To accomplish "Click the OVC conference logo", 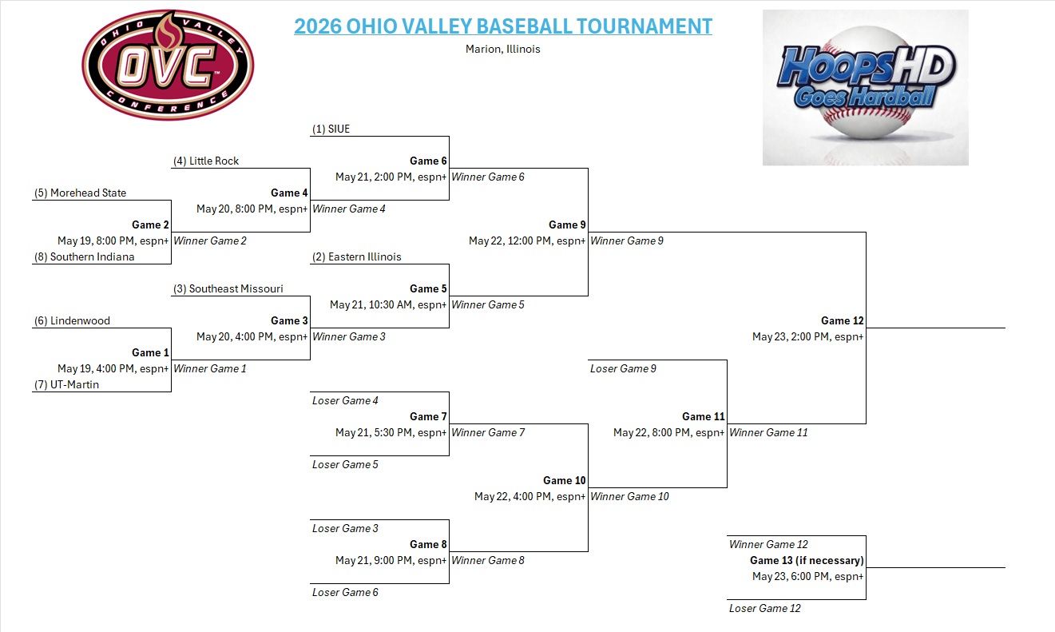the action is coord(168,65).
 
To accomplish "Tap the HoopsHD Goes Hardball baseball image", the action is coord(865,88).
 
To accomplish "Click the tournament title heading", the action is coord(503,26).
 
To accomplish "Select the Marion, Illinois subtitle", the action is coord(502,49).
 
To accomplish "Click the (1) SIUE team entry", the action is coord(331,129).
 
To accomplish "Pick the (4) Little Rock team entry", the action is coord(206,161).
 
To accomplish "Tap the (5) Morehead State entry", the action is coord(80,193).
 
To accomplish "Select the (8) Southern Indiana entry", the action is coord(85,256).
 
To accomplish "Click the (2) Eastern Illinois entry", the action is coord(356,256).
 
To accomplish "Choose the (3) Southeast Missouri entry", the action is coord(228,289).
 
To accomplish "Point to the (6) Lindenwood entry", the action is coord(72,321).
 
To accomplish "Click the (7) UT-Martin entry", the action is coord(66,384).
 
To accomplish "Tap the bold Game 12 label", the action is coord(842,321).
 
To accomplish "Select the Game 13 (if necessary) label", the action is coord(807,560).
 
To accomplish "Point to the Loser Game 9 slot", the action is coord(623,368).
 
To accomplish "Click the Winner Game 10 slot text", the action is coord(629,496).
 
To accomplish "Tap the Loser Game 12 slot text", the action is coord(765,609).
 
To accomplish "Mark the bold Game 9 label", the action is coord(567,225).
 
